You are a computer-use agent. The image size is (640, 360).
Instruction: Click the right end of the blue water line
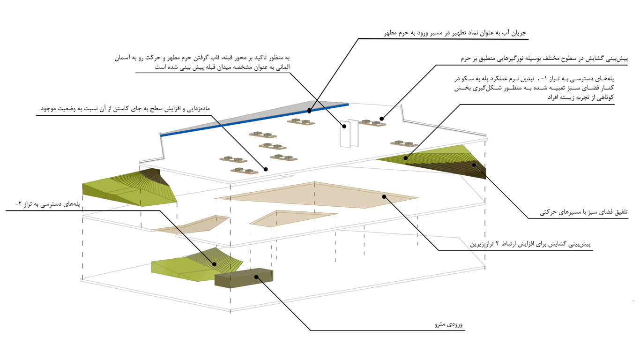pos(348,105)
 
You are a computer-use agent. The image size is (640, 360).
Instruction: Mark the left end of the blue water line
pos(161,135)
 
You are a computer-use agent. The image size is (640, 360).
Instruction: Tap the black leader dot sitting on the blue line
pos(309,111)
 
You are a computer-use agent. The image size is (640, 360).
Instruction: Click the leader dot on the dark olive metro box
pos(256,277)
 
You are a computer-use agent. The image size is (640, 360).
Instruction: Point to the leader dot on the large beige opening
pos(384,197)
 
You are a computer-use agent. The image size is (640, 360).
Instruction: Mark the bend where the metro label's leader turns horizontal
pos(311,330)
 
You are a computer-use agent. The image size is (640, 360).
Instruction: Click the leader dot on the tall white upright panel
pos(344,126)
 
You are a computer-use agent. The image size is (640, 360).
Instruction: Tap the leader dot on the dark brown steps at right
pos(474,165)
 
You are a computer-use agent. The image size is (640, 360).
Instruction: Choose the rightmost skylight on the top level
pos(404,143)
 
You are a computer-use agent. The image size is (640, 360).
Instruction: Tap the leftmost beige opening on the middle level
pos(191,224)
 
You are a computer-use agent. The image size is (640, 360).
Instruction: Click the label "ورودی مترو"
pos(448,324)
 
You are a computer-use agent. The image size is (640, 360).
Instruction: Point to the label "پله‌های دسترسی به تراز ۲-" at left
pos(47,204)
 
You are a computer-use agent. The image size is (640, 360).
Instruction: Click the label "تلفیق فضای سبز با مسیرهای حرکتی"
pos(584,212)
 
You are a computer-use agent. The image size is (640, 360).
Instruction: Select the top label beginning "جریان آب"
pos(455,33)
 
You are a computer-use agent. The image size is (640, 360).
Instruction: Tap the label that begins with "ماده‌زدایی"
pos(125,109)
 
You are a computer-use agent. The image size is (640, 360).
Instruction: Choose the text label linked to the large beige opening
pos(530,244)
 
